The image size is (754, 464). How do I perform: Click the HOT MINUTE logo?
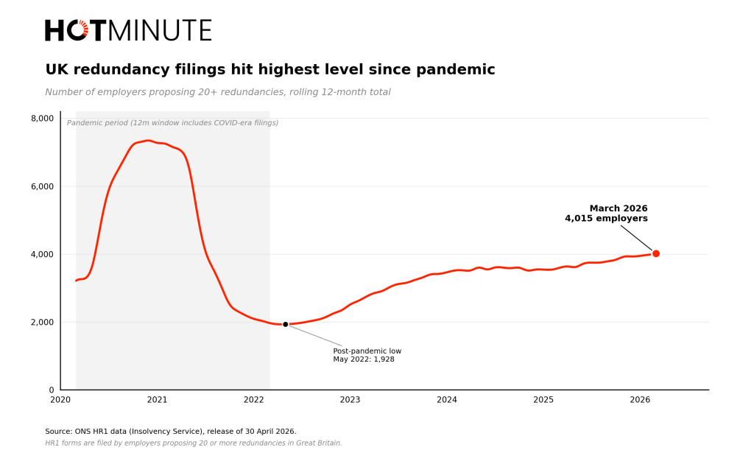click(x=128, y=31)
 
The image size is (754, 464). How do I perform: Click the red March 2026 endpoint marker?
click(x=656, y=253)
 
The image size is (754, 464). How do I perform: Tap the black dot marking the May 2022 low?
click(x=286, y=324)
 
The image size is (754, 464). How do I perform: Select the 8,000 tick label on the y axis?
click(x=42, y=119)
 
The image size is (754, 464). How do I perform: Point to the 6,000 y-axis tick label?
click(x=42, y=186)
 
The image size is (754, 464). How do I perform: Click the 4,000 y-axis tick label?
click(x=42, y=254)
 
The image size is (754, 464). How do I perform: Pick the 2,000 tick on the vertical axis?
click(x=42, y=322)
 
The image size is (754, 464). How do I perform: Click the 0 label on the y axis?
click(x=52, y=390)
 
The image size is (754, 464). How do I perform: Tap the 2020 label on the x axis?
click(x=60, y=400)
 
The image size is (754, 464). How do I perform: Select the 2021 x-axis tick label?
click(x=157, y=400)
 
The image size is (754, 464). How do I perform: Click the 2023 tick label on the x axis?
click(x=350, y=400)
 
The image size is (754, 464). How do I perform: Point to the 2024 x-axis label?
click(x=447, y=400)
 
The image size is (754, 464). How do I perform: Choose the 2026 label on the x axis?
click(x=640, y=400)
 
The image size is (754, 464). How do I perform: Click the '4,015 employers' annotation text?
click(x=606, y=219)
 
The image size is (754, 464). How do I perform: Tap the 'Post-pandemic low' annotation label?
click(x=367, y=351)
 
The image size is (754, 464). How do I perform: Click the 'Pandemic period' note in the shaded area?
click(x=172, y=123)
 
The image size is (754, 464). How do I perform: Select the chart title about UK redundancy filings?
click(x=270, y=70)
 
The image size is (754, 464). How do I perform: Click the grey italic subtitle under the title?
click(x=218, y=92)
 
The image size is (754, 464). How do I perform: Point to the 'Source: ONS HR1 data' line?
click(x=171, y=432)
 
